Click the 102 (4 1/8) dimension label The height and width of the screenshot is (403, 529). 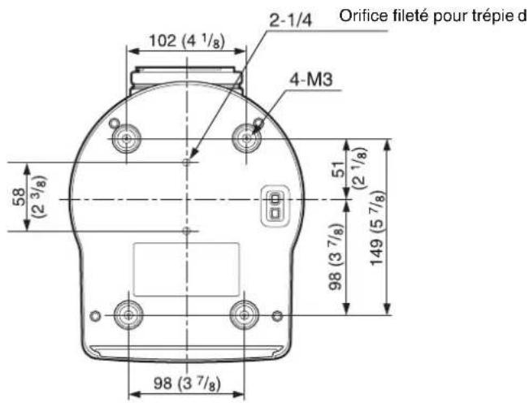[187, 41]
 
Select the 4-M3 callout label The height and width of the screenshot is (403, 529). [311, 80]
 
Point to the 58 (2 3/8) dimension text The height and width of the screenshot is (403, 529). [29, 197]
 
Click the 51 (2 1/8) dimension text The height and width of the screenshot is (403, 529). [350, 169]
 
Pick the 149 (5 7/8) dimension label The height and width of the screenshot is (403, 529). [376, 228]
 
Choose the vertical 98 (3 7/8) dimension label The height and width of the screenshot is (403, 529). [336, 257]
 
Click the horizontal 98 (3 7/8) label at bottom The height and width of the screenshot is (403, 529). [187, 383]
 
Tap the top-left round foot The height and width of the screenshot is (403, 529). [127, 138]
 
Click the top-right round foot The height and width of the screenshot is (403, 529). [246, 138]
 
